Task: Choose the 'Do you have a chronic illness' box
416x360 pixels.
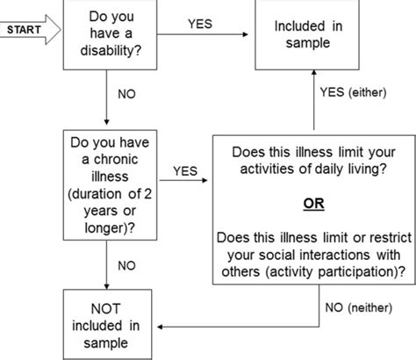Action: click(x=105, y=182)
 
